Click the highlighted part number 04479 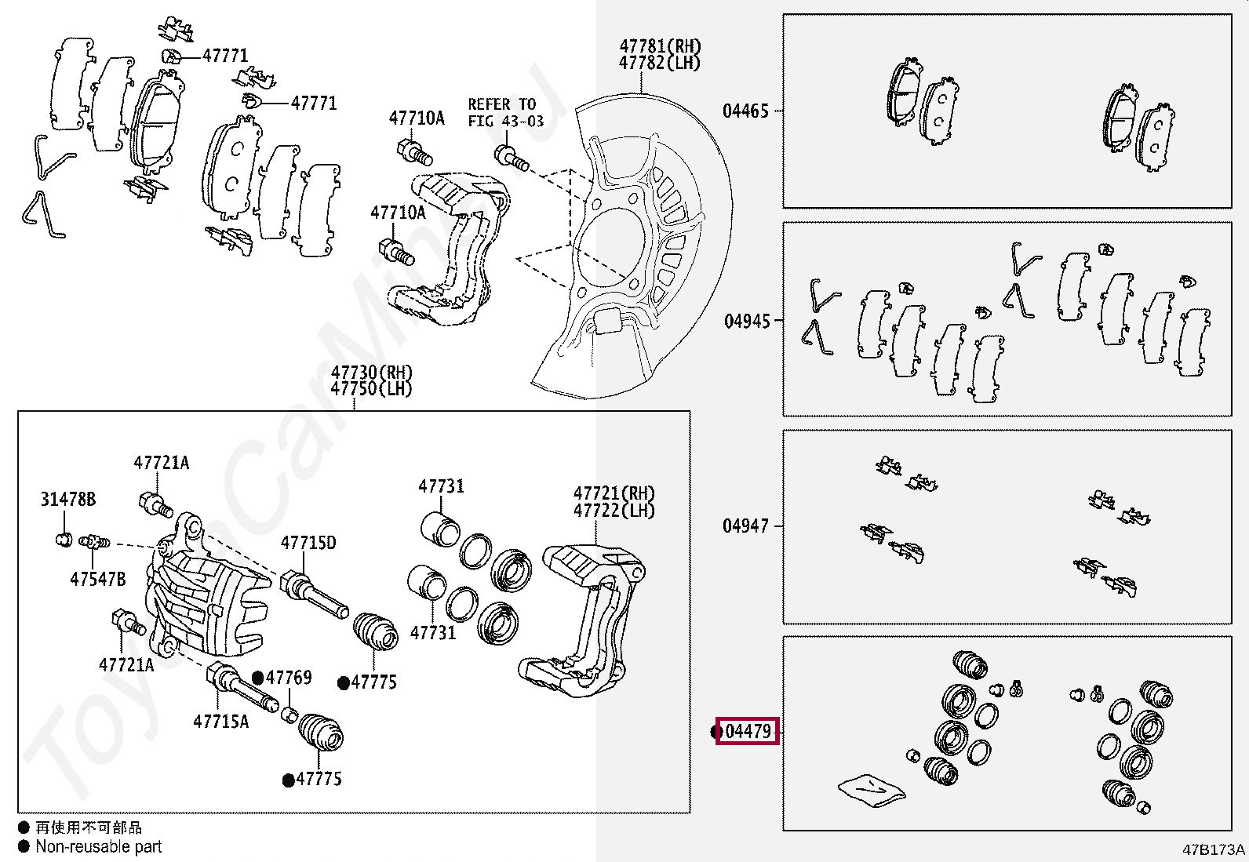tap(748, 731)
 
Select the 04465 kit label tap(745, 111)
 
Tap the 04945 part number tap(747, 321)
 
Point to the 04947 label tap(745, 526)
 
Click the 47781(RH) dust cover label tap(660, 46)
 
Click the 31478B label tap(67, 499)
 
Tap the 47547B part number tap(97, 579)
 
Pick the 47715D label tap(308, 543)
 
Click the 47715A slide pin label tap(220, 721)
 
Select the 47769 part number tap(289, 677)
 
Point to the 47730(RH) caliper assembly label tap(371, 372)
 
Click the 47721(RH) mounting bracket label tap(614, 493)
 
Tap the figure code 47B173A tap(1213, 849)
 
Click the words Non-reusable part tap(99, 846)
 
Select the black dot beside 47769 tap(257, 678)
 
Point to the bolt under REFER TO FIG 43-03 tap(510, 156)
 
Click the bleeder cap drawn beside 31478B tap(65, 539)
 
